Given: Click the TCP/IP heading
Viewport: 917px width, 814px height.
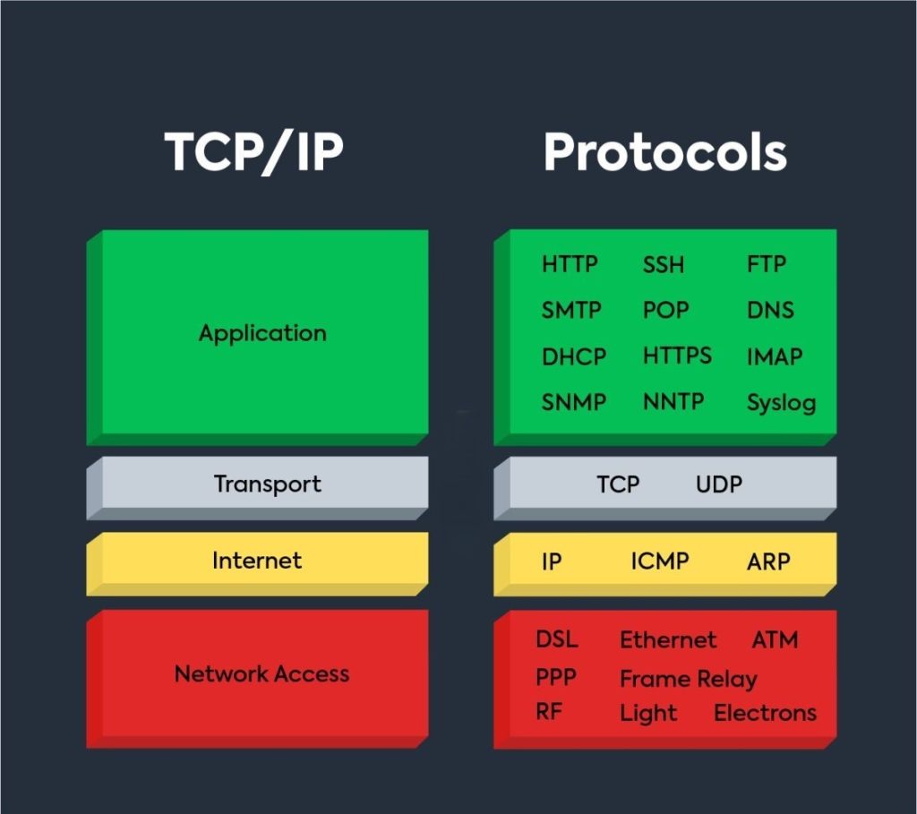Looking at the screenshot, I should pos(253,152).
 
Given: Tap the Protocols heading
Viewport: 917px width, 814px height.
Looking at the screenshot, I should pos(664,152).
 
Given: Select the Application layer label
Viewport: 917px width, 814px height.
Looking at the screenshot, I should pos(262,333).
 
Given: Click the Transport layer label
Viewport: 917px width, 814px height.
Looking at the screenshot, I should pos(267,484).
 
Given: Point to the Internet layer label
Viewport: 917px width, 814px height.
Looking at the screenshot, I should pos(257,561).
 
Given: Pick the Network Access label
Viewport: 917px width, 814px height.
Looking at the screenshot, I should pos(261,673).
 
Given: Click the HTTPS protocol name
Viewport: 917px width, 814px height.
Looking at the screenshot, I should pos(677,356).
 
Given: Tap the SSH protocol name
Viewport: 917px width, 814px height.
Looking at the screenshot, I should pos(664,265).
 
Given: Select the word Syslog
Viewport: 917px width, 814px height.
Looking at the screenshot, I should pos(781,403).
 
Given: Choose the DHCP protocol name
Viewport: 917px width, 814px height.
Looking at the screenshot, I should pos(574,356).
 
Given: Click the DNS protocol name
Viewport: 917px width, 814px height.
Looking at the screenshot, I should pos(770,311).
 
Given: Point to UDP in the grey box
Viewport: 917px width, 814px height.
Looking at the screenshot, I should pos(719,484).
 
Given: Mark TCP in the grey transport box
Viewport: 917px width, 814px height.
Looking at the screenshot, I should pos(618,484).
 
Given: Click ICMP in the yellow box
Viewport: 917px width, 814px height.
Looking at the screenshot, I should pos(660,561).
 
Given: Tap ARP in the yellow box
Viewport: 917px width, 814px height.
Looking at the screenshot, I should pos(768,561).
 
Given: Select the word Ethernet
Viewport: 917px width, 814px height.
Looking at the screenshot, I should pos(668,640).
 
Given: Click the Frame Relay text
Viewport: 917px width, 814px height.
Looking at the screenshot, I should pos(688,680).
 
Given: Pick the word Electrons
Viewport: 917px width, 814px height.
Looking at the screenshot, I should pos(765,713).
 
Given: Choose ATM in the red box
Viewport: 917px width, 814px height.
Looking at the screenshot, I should pos(775,640).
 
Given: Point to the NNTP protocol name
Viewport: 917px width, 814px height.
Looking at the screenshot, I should pos(673,402).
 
